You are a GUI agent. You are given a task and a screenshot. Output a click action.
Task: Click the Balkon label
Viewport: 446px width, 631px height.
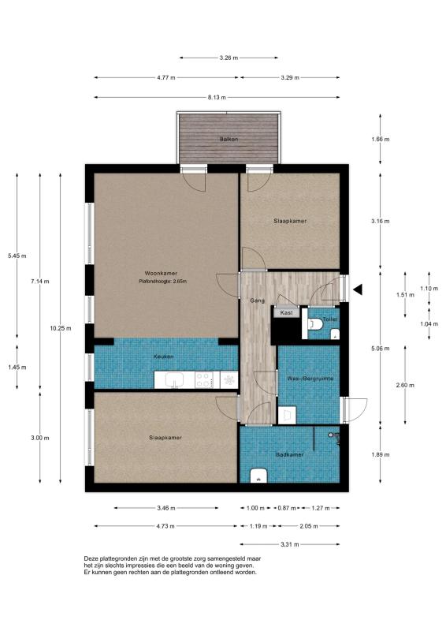[x=229, y=140]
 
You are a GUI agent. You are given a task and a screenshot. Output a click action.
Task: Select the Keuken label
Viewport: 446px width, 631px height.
[x=164, y=357]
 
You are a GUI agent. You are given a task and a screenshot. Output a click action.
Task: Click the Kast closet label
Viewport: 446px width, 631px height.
[x=286, y=312]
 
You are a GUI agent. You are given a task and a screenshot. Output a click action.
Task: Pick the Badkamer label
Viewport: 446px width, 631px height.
[x=289, y=455]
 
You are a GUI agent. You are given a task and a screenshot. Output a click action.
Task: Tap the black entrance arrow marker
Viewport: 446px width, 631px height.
[x=358, y=289]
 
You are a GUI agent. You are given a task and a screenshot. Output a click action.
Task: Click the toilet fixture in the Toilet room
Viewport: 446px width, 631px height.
[x=315, y=324]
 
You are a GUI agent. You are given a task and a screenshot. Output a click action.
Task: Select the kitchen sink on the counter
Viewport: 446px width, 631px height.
[x=175, y=380]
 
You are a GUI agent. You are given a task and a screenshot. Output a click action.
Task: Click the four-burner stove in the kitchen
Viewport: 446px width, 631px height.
[x=204, y=380]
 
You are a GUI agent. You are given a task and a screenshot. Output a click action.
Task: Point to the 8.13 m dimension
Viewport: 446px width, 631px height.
[x=217, y=97]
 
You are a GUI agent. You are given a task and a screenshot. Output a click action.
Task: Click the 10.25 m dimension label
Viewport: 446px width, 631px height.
[x=61, y=328]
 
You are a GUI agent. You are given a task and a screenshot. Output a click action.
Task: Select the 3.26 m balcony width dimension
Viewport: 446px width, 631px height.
[x=229, y=58]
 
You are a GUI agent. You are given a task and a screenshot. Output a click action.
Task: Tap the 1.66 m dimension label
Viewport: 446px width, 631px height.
[x=381, y=140]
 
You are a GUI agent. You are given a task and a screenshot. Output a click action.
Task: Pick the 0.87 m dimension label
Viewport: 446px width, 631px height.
[x=287, y=508]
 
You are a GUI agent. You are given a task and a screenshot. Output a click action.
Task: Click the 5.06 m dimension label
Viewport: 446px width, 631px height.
[x=381, y=349]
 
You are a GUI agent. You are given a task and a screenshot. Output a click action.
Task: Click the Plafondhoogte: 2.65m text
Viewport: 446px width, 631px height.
[x=162, y=282]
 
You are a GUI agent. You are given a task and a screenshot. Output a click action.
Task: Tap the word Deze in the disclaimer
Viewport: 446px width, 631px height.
[x=91, y=558]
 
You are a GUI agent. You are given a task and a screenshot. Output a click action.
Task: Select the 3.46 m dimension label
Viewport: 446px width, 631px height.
[x=166, y=508]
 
